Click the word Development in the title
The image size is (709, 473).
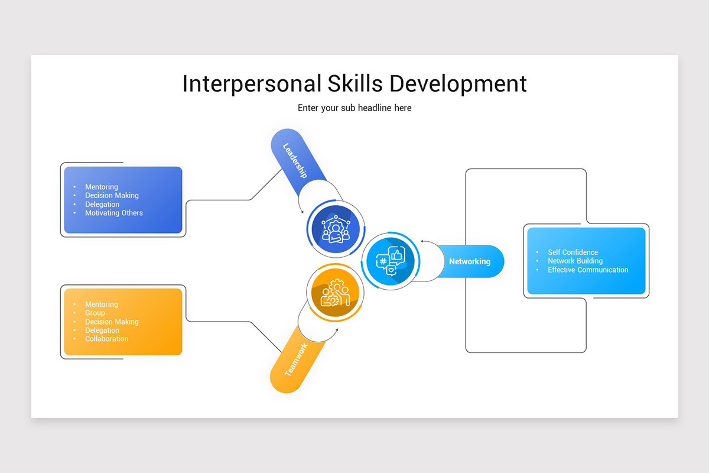[457, 83]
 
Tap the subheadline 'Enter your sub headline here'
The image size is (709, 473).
[354, 108]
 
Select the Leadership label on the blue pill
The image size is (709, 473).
[295, 160]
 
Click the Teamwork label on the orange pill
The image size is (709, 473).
[296, 360]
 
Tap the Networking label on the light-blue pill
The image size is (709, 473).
[470, 261]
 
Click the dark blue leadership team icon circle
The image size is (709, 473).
[336, 229]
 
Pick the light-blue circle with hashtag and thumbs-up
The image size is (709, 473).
[390, 261]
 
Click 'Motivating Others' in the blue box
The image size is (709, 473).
[114, 213]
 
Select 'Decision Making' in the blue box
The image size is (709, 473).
[112, 195]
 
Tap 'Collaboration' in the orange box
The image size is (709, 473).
[106, 339]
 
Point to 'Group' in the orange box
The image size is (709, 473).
[95, 313]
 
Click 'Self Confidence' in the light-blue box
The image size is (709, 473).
[573, 252]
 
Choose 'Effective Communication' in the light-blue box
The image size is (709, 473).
[588, 270]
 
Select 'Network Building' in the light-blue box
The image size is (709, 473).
[575, 261]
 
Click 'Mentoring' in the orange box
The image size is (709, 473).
[102, 304]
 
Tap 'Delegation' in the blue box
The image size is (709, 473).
[102, 204]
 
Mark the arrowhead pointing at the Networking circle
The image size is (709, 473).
[422, 241]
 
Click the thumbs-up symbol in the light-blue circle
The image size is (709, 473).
[396, 255]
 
